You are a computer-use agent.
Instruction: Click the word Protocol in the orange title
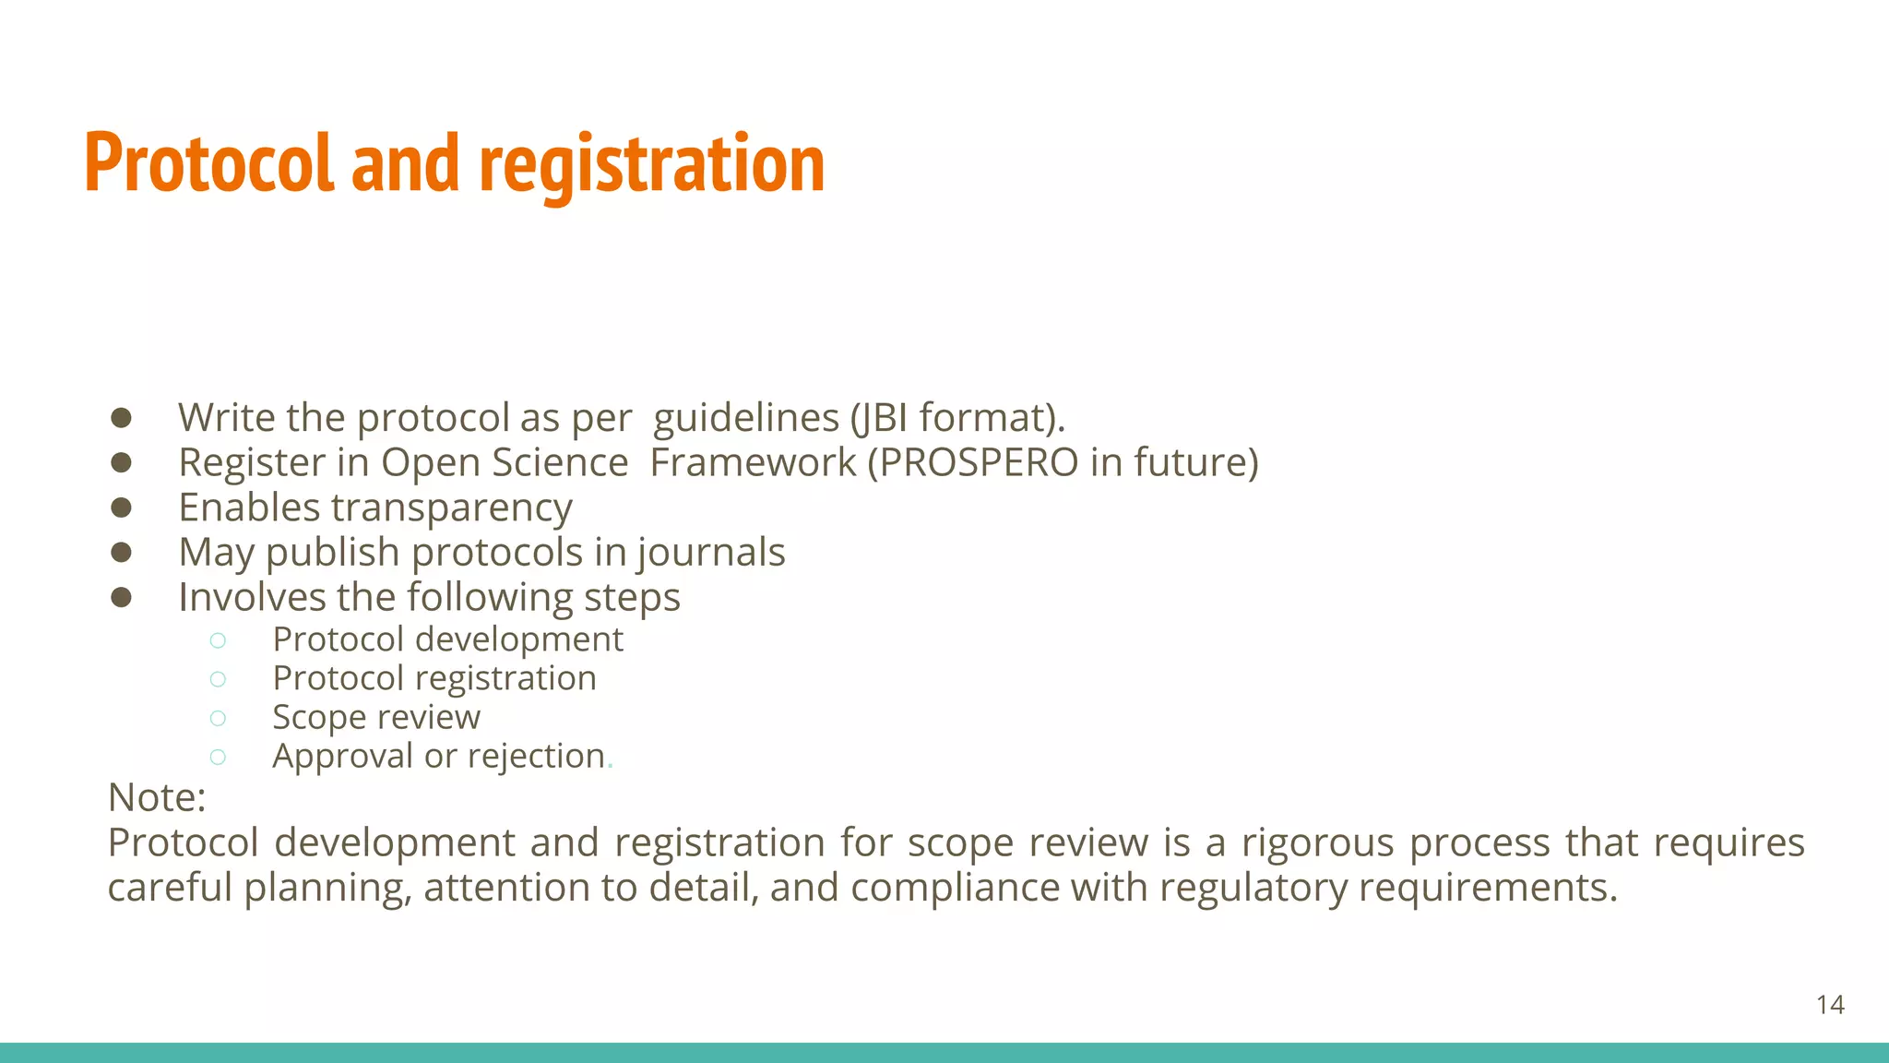coord(208,163)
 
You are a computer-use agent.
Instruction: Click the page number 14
coord(1830,1005)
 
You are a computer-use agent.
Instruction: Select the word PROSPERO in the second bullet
coord(978,462)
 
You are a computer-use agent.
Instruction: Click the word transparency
coord(452,508)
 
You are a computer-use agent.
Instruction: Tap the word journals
coord(711,553)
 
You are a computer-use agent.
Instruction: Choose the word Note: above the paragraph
coord(157,797)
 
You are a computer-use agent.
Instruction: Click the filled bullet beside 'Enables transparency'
coord(121,508)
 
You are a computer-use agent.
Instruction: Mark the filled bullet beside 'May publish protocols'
coord(121,552)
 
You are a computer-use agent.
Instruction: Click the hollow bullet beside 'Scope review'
coord(218,718)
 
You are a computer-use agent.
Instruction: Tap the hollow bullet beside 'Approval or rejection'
coord(218,757)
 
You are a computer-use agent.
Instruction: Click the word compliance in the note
coord(955,888)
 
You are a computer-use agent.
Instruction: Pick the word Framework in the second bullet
coord(753,462)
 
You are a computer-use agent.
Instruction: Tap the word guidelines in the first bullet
coord(745,418)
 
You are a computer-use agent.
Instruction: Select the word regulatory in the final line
coord(1253,888)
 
